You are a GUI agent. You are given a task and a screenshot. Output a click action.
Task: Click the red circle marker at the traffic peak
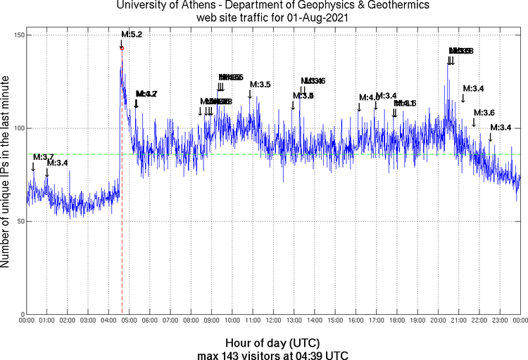point(122,49)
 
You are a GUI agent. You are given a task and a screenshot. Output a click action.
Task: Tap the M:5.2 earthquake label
point(132,34)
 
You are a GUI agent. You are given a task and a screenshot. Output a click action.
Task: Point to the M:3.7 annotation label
point(43,156)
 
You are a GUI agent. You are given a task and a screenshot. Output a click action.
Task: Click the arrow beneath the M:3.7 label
point(33,167)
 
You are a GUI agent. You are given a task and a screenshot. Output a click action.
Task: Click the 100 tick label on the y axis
point(17,128)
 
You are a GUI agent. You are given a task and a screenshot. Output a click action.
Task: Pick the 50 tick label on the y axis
point(19,221)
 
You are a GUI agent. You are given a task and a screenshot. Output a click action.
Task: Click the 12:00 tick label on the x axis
point(274,321)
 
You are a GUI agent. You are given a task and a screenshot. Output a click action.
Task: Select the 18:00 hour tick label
point(397,321)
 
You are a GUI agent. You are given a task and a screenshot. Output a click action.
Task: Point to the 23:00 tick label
point(500,321)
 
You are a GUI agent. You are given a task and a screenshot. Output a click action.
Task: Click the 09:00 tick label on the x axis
point(212,321)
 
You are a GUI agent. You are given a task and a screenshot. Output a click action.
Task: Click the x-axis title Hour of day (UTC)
point(272,342)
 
